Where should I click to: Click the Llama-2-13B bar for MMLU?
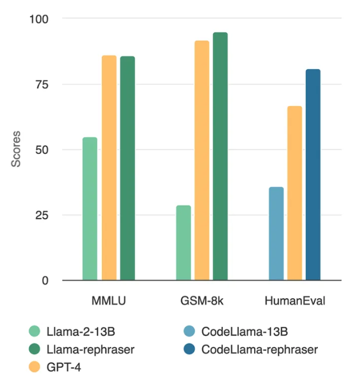click(x=90, y=209)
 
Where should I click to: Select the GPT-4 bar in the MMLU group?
click(x=109, y=168)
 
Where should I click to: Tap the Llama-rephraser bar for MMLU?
click(x=127, y=168)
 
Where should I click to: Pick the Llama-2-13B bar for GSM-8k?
click(x=183, y=243)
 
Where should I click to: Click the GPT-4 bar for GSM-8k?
click(x=202, y=161)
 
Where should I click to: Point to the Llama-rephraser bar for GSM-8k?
click(x=220, y=156)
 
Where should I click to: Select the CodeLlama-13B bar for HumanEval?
click(x=276, y=233)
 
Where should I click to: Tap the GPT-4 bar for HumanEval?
click(x=294, y=193)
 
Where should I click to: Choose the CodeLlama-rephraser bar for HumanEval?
click(x=313, y=175)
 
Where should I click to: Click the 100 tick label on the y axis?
click(x=39, y=19)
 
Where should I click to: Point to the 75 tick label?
click(x=41, y=84)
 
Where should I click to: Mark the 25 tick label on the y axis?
click(x=41, y=215)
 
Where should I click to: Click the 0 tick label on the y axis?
click(x=46, y=281)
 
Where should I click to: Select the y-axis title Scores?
click(x=17, y=150)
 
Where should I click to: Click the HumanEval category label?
click(x=294, y=301)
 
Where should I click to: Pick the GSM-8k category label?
click(x=201, y=301)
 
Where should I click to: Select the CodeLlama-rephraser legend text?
click(x=259, y=349)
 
